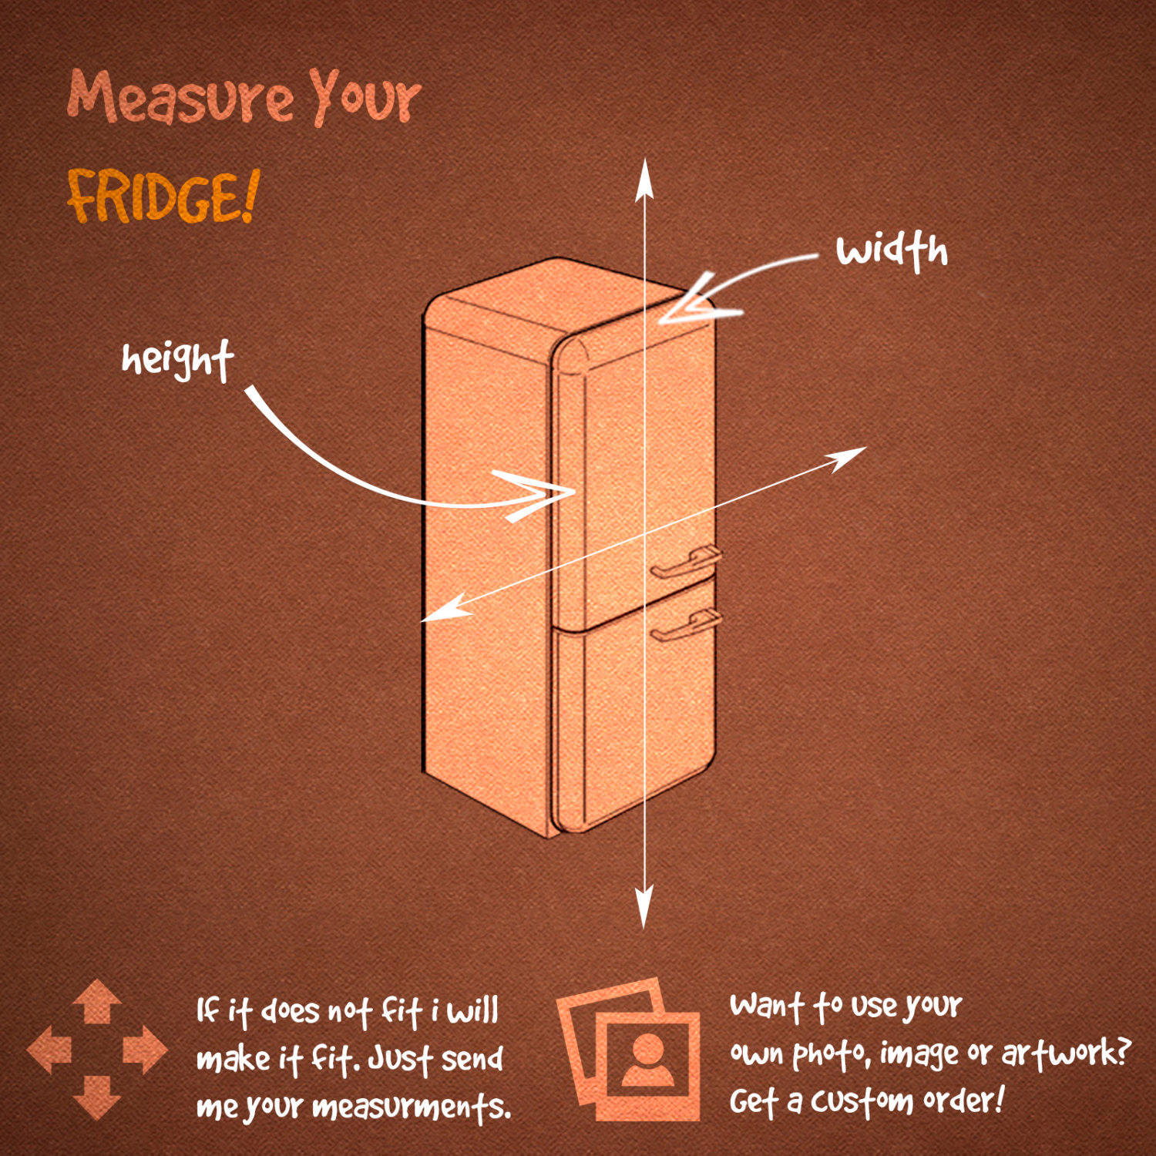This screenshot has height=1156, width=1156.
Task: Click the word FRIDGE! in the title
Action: [163, 197]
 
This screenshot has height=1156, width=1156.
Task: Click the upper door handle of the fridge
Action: [687, 562]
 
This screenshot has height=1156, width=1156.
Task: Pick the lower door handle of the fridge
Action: [687, 625]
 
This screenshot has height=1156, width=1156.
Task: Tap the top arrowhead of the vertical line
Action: [645, 179]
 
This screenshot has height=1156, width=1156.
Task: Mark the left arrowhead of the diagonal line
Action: [445, 608]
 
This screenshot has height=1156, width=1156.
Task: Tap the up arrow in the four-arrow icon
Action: [97, 1001]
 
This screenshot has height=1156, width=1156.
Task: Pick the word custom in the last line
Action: [862, 1101]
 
